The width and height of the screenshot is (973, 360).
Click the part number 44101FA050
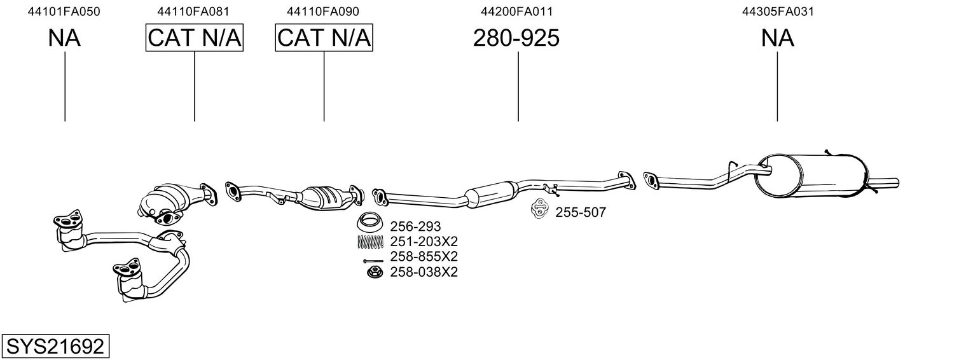pos(64,11)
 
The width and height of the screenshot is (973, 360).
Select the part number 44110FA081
pos(194,11)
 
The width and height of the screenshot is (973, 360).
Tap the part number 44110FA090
pos(323,11)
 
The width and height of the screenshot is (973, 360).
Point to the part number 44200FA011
pos(517,11)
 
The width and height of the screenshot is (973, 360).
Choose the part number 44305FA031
pos(778,11)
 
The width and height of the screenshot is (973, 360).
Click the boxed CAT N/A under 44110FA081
pos(195,38)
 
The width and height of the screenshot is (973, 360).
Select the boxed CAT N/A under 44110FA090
pos(324,38)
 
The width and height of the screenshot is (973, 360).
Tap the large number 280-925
pos(516,38)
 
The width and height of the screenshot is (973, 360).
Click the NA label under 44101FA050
pos(64,38)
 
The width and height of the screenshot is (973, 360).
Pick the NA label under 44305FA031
pos(778,38)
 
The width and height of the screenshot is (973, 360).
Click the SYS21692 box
pos(55,347)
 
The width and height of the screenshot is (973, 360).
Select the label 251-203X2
pos(424,242)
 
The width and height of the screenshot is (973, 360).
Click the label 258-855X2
pos(424,257)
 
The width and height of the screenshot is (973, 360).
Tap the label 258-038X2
pos(424,272)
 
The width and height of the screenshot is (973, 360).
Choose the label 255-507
pos(581,212)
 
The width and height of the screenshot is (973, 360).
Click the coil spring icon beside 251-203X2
pos(371,242)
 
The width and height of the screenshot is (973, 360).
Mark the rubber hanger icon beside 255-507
pos(540,209)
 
